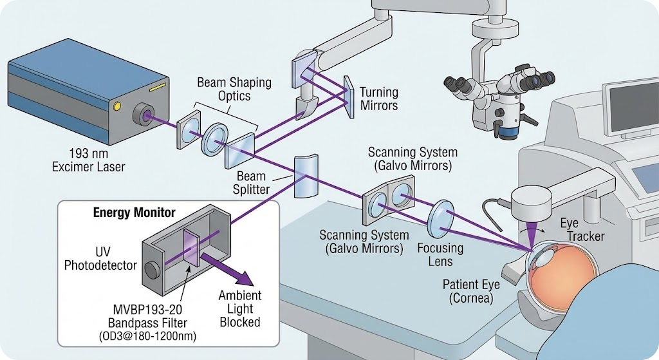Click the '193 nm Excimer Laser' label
click(89, 161)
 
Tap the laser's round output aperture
click(143, 116)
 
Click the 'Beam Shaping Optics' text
click(234, 90)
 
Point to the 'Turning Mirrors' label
click(378, 99)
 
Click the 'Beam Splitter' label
click(251, 182)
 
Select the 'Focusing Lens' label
click(440, 254)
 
